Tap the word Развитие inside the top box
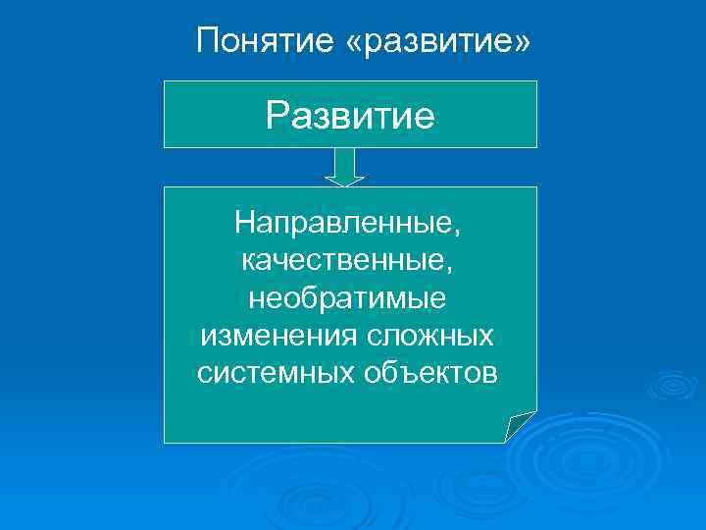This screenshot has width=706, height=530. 350,116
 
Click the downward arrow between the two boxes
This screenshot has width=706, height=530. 344,166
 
